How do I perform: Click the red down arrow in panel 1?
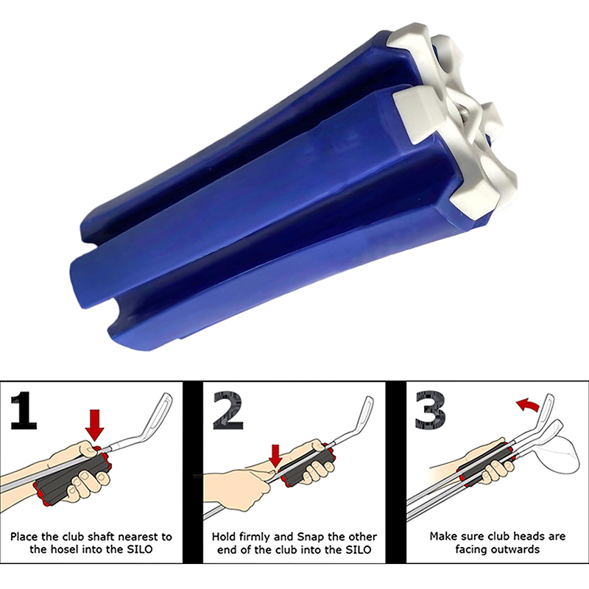[x=94, y=426]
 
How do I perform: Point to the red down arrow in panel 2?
[x=276, y=456]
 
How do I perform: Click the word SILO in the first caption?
[x=139, y=549]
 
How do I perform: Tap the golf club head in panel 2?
[x=362, y=413]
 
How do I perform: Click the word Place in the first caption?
[x=24, y=537]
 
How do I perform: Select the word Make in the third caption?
[x=443, y=537]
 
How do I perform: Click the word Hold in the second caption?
[x=224, y=537]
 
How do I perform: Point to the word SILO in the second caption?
[x=357, y=549]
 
